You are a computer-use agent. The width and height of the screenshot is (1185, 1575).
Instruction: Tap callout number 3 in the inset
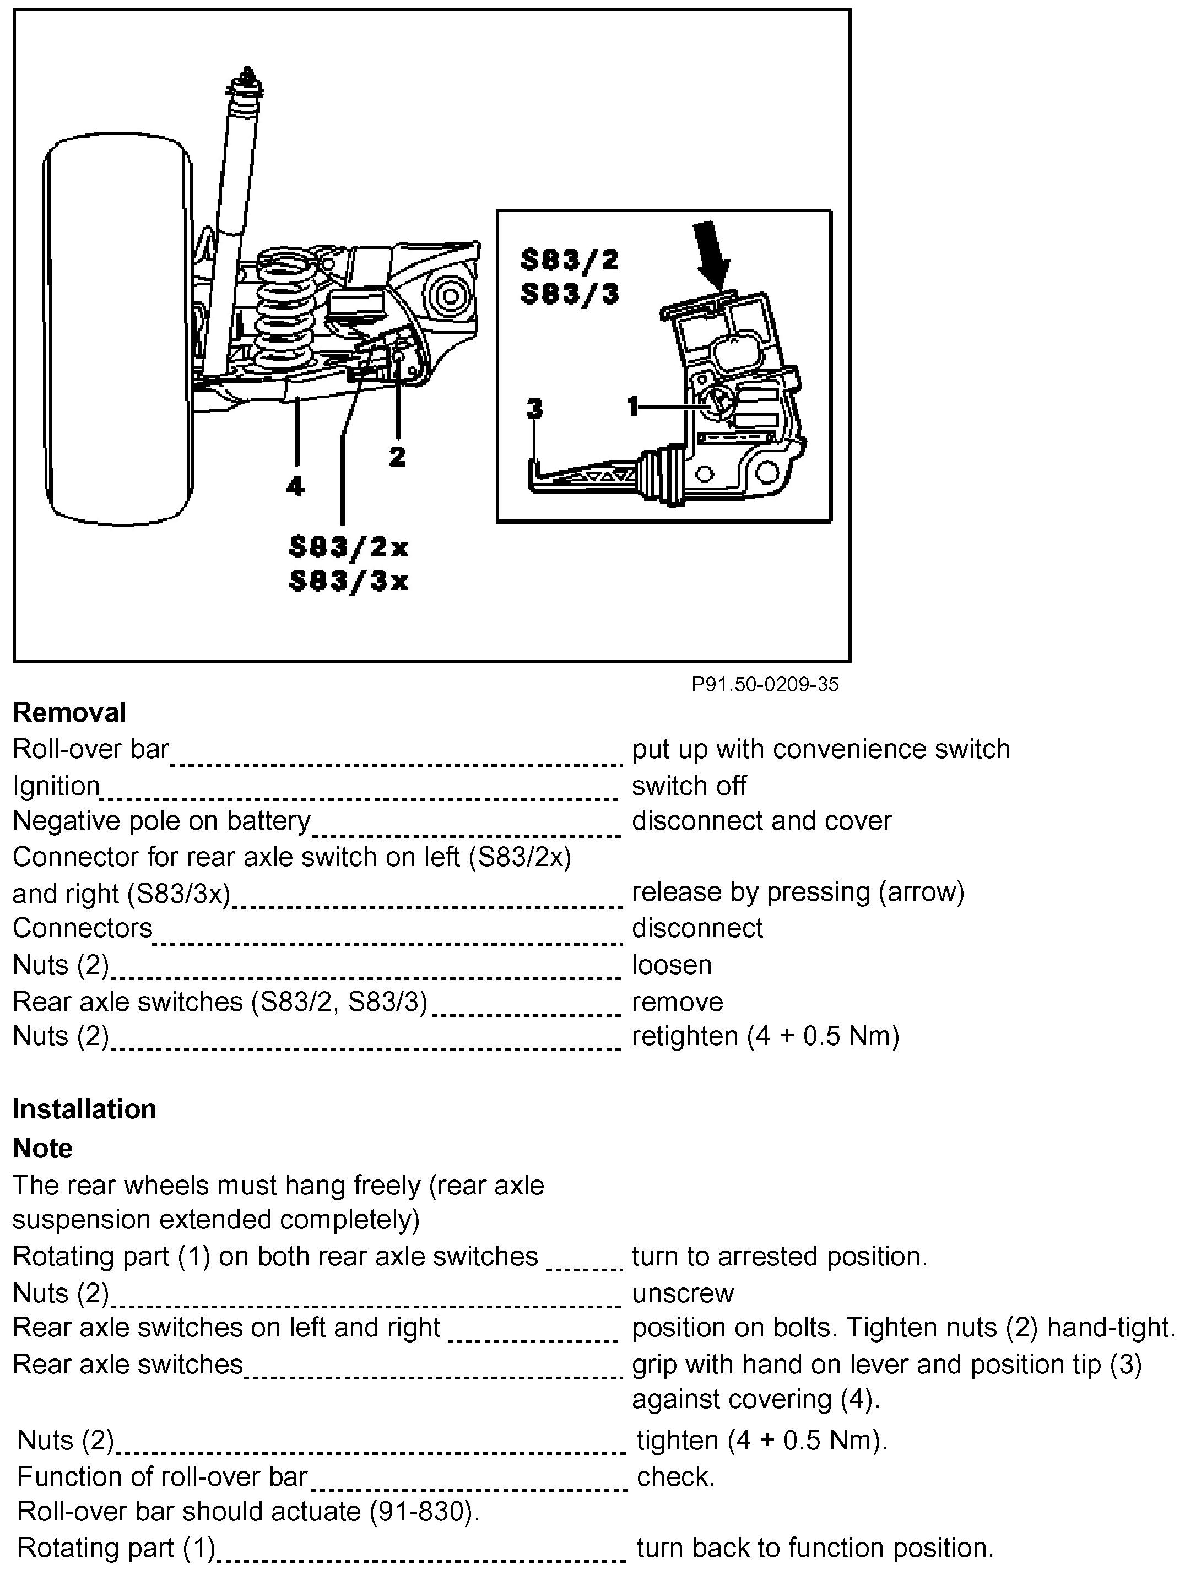(534, 408)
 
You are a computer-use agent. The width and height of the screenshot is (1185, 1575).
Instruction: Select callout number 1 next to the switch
(633, 406)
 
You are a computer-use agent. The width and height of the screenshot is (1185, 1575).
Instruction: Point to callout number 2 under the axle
(397, 456)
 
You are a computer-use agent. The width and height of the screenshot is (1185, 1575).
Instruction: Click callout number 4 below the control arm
(295, 486)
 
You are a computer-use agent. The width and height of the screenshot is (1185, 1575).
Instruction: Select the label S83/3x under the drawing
(348, 581)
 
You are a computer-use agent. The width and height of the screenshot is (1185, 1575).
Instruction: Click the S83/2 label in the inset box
(569, 260)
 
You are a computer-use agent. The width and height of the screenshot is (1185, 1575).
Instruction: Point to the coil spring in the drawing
(285, 306)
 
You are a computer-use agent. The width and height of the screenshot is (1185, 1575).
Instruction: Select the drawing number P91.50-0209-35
(765, 684)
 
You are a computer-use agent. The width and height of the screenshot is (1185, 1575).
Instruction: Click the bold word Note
(43, 1149)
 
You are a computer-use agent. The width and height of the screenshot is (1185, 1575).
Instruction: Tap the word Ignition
(56, 786)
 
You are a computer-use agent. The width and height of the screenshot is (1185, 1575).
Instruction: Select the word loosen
(672, 965)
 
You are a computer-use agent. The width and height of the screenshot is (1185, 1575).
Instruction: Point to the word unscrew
(682, 1293)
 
